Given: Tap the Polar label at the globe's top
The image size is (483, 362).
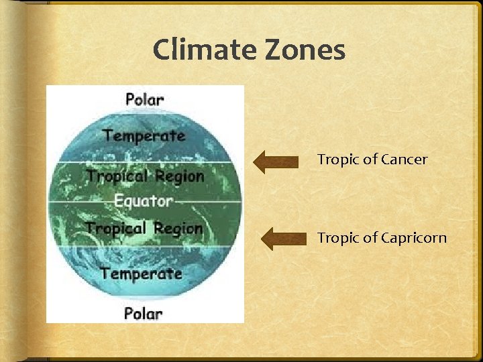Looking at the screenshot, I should tap(144, 99).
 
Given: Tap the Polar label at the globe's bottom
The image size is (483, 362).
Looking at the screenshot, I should tap(143, 313).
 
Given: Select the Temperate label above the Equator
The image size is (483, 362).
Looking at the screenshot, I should tap(144, 135).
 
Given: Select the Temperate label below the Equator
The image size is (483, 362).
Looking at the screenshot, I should tap(141, 274).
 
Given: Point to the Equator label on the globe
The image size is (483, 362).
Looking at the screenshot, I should tap(143, 200).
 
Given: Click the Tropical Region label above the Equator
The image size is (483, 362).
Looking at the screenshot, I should tap(144, 176).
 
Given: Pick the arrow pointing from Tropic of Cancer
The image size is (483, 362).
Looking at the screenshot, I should tap(276, 161).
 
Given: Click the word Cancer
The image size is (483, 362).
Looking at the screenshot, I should tap(404, 160).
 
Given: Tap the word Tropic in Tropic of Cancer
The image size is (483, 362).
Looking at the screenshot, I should tap(338, 160).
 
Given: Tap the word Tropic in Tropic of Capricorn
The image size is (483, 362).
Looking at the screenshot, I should tap(338, 238).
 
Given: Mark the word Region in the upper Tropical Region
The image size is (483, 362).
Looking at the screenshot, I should tap(178, 176).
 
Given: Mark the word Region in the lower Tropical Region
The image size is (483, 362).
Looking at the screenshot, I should tap(177, 228).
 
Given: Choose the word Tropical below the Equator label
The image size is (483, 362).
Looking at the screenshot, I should tap(115, 228).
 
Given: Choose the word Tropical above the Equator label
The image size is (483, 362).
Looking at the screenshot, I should tap(115, 176).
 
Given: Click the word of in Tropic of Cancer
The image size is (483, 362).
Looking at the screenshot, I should tap(370, 160).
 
